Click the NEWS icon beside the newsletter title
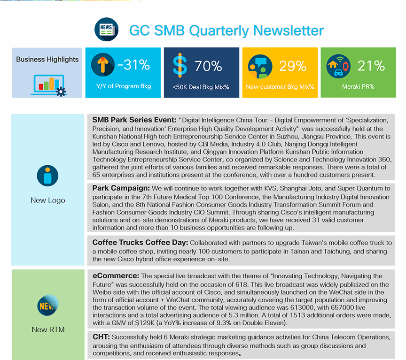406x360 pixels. pos(106,29)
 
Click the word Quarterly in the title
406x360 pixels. pos(219,31)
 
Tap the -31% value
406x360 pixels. pos(133,64)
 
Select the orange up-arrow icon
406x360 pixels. pos(103,65)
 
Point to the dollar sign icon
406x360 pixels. pos(180,65)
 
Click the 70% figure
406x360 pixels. pos(208,66)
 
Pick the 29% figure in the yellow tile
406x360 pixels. pos(293,66)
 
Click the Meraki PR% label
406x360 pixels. pos(358,87)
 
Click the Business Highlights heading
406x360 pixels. pos(47,60)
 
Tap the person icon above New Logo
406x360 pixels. pos(47,176)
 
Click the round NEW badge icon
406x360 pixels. pos(48,305)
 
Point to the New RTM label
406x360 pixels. pos(48,329)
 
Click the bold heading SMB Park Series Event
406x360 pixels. pos(134,120)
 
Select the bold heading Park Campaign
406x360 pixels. pos(121,188)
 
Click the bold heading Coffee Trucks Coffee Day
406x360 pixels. pos(141,242)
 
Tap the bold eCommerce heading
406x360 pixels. pos(116,276)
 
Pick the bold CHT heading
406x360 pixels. pos(101,337)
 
